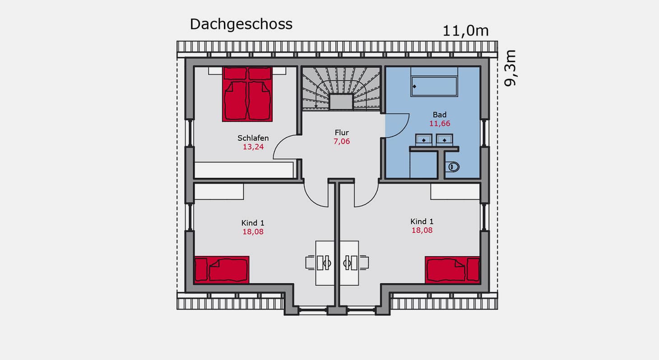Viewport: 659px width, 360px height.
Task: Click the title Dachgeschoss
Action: (241, 24)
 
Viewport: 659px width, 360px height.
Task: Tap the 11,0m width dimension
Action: (465, 31)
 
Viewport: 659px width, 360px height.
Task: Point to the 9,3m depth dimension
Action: (510, 68)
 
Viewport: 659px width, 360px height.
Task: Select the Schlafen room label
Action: (253, 138)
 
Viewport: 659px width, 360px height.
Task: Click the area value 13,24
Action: (253, 147)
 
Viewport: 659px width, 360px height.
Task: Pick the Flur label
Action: (342, 133)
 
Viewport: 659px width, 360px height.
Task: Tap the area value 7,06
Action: (342, 142)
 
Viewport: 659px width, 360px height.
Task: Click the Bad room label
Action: (440, 115)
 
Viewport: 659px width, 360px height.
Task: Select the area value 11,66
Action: (440, 124)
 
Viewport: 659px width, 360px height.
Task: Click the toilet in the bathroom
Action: (453, 167)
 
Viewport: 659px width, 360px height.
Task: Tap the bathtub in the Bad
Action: (434, 86)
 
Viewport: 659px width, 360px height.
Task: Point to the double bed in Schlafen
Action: (247, 94)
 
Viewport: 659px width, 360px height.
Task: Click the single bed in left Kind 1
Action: (222, 270)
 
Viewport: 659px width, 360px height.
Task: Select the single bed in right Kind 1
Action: (452, 270)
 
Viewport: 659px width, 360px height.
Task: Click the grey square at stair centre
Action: (341, 102)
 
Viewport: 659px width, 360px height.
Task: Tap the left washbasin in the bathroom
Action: (424, 140)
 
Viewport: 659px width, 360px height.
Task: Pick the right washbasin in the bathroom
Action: (444, 140)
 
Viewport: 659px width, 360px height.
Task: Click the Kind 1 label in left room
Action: (253, 223)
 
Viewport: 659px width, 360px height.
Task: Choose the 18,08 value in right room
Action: (422, 230)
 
